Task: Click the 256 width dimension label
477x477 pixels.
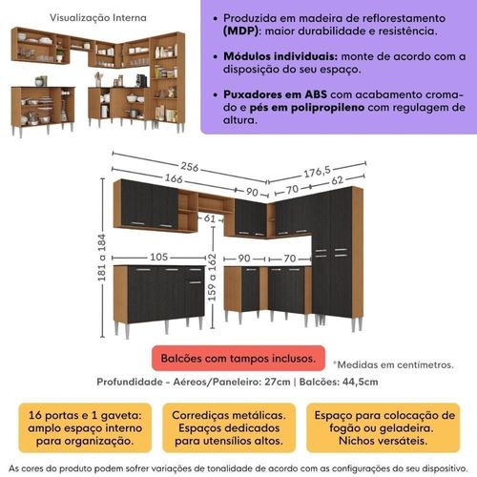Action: click(x=190, y=167)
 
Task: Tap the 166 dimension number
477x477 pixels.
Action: click(x=174, y=178)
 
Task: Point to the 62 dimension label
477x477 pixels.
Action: click(x=337, y=180)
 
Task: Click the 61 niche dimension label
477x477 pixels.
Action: click(x=210, y=218)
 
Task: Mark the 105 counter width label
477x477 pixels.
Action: click(x=158, y=257)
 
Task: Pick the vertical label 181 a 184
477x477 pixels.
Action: click(x=101, y=258)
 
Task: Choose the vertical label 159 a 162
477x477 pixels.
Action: click(x=212, y=278)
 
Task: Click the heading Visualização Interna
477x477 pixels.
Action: click(x=98, y=18)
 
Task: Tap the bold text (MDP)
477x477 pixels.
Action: click(x=240, y=31)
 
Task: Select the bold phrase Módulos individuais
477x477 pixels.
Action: click(x=280, y=56)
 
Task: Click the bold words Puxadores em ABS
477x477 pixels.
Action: click(x=275, y=94)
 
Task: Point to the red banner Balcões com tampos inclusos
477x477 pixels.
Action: click(x=238, y=359)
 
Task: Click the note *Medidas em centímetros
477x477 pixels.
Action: click(x=393, y=364)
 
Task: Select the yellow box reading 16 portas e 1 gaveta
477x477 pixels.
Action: click(x=85, y=427)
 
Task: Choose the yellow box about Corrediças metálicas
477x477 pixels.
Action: click(x=229, y=427)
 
